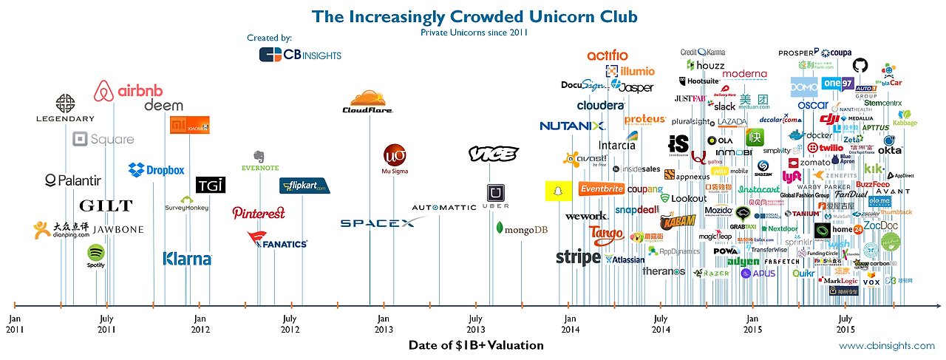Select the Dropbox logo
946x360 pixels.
coord(156,170)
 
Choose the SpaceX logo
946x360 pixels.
coord(378,223)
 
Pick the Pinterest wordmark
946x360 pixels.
coord(259,213)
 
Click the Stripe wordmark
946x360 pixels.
coord(578,257)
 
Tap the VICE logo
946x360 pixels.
coord(494,154)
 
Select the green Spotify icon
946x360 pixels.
coord(96,254)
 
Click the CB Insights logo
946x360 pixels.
coord(300,54)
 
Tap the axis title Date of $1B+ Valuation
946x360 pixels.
coord(476,345)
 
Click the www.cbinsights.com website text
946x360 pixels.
coord(886,346)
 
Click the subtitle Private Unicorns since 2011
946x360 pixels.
coord(474,33)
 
